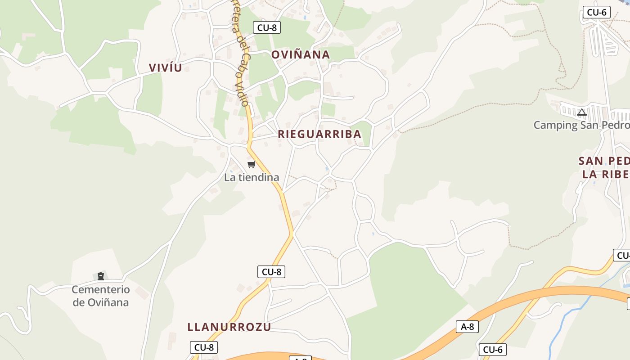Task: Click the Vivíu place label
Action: [x=165, y=68]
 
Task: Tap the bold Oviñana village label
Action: [x=300, y=55]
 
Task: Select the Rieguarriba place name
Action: [x=319, y=134]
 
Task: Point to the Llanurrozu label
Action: [x=229, y=327]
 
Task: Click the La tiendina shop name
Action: [x=252, y=177]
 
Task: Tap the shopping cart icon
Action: [x=252, y=165]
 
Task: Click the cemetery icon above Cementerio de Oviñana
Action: [x=101, y=276]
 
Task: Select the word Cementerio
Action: [x=101, y=290]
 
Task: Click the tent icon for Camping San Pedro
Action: [x=582, y=112]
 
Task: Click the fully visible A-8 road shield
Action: [x=467, y=327]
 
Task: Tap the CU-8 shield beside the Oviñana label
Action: [x=267, y=27]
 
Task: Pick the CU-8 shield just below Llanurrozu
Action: [x=204, y=347]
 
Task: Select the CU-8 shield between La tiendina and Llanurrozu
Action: [x=271, y=272]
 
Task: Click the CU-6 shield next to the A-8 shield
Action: [x=492, y=350]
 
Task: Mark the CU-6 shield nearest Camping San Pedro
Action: [x=597, y=12]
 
